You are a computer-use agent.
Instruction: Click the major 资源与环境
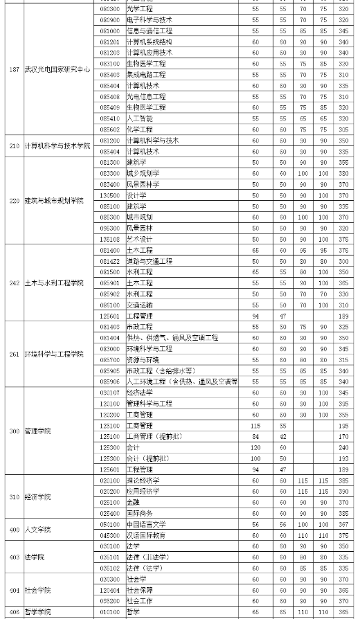[x=142, y=359]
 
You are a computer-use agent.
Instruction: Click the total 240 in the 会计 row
[x=343, y=447]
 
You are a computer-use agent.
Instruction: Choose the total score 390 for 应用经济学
[x=343, y=491]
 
